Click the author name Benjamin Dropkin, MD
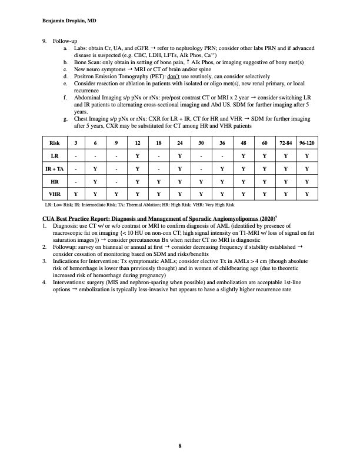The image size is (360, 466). (x=70, y=20)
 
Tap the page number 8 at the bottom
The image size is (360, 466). (x=180, y=445)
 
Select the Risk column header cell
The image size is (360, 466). (x=54, y=143)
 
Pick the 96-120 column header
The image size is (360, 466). (x=306, y=143)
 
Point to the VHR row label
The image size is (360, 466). (x=54, y=192)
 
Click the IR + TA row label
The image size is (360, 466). (x=54, y=168)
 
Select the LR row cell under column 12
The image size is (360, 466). (x=137, y=155)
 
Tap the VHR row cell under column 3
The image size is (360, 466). (x=75, y=192)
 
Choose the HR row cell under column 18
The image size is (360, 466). (x=158, y=180)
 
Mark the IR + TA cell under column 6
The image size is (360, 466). (x=95, y=168)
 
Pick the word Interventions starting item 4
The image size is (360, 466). (x=69, y=283)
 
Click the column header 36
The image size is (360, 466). (x=222, y=143)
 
